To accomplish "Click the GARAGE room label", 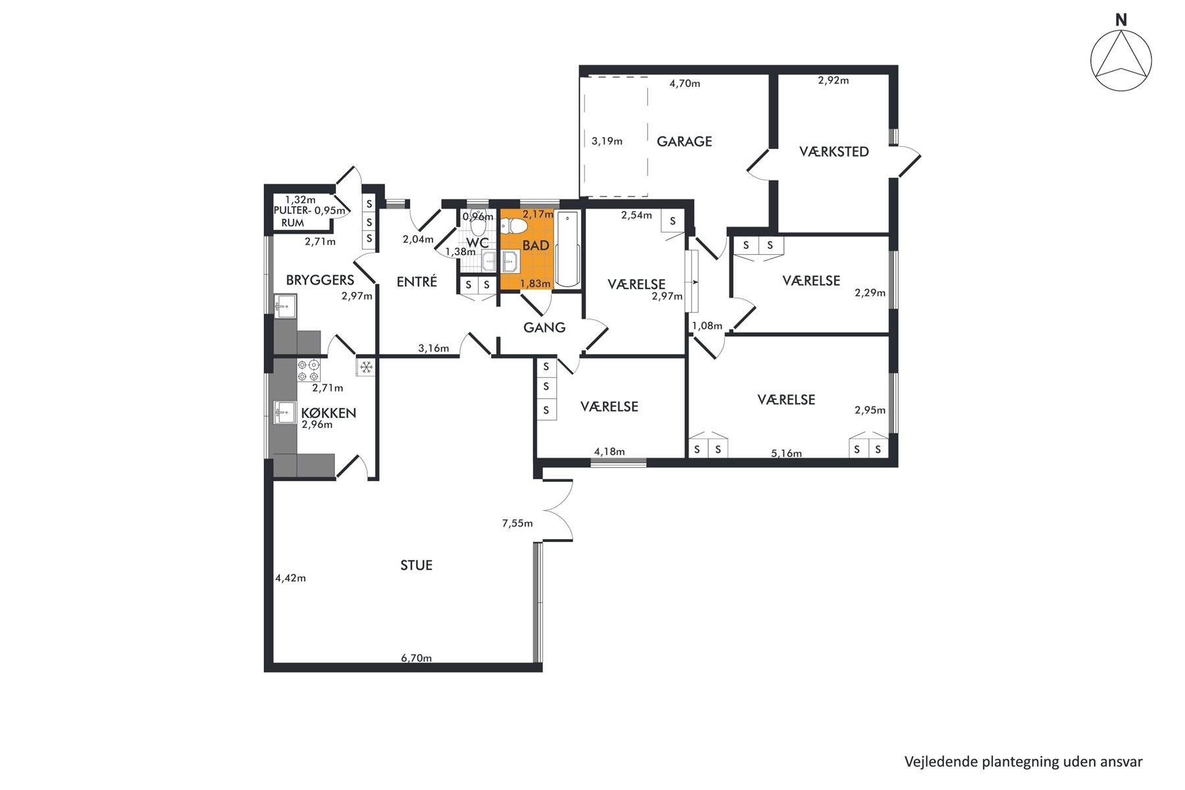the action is click(684, 142).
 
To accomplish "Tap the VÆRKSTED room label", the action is click(834, 152).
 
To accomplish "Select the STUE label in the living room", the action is click(416, 566).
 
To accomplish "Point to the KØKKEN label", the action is click(329, 413).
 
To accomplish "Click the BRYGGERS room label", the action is click(320, 280).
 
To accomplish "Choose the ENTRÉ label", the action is click(417, 282).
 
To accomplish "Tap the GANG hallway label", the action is click(544, 327).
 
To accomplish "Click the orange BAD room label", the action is click(536, 246).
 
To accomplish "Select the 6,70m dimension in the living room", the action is click(417, 658).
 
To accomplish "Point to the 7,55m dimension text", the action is click(517, 523).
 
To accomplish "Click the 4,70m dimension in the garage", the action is click(685, 84).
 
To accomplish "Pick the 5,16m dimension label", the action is click(787, 454).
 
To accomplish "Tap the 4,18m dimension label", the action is click(610, 452).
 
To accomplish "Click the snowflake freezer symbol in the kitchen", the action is click(366, 367).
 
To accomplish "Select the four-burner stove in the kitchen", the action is click(309, 371).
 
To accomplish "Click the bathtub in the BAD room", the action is click(567, 249).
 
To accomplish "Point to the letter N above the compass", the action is click(1121, 20).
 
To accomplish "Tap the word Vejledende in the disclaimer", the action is click(941, 762).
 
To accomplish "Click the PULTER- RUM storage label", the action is click(293, 217).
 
